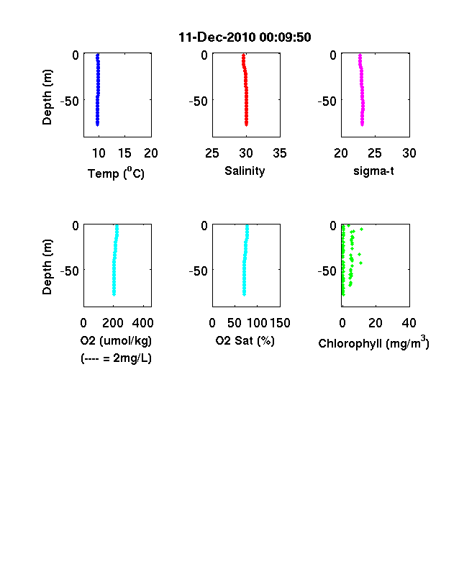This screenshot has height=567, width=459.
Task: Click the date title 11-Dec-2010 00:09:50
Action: pos(245,37)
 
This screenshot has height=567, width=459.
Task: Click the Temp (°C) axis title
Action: pos(116,173)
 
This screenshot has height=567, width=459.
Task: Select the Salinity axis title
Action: pos(245,171)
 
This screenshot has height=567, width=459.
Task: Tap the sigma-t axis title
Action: pos(373,171)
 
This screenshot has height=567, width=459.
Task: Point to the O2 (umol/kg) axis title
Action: pos(116,340)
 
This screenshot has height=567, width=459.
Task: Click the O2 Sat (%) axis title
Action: pos(245,340)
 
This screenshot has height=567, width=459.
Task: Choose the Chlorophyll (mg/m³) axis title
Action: pos(373,342)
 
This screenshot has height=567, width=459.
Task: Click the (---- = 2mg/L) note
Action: pos(116,358)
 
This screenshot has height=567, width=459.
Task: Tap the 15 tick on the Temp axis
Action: pos(124,153)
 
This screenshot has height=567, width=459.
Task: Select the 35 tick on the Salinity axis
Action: pos(280,153)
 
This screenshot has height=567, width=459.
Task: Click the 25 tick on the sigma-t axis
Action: pos(375,153)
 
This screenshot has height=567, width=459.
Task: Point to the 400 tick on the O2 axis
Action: pos(142,323)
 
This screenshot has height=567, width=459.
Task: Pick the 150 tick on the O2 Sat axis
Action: pos(280,323)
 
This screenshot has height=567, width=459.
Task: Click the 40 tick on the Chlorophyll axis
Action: pos(409,323)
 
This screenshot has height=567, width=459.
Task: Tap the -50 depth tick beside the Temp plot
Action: pos(69,101)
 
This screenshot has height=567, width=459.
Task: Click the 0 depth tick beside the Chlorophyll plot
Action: pos(333,226)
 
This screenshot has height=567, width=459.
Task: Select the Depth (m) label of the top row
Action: pos(47,97)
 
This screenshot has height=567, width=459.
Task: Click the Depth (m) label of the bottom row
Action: pos(47,267)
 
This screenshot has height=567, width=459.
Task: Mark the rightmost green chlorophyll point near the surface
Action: pos(361,230)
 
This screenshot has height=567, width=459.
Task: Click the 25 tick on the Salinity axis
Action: pos(212,153)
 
